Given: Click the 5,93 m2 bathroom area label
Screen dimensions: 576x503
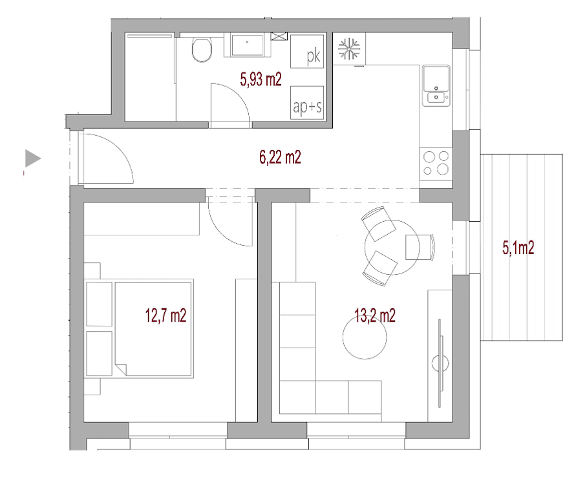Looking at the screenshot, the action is pos(261,80).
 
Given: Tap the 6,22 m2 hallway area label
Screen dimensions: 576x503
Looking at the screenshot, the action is pos(281,157).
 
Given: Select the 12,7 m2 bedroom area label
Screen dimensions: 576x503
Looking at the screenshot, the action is pos(165,316).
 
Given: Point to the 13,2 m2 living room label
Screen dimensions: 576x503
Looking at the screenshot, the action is pos(375,316).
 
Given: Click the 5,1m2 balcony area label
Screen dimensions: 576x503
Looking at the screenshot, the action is pos(518,248).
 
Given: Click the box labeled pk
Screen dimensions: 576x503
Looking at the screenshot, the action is pos(307,52).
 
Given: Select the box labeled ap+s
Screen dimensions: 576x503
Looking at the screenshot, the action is pos(307,103).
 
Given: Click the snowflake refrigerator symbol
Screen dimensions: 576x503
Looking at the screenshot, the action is pos(349,48).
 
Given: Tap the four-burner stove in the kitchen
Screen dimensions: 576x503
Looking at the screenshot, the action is pos(436,164).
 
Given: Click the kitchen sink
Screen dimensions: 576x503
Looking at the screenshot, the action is pos(436,85).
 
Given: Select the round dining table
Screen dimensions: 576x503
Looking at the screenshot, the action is pos(392,247).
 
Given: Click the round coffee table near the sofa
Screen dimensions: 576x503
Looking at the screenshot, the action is pos(365,337).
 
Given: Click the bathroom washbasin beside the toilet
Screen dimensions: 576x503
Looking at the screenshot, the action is pos(247,45).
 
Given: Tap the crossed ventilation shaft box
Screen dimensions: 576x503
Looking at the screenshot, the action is pos(279,36).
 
